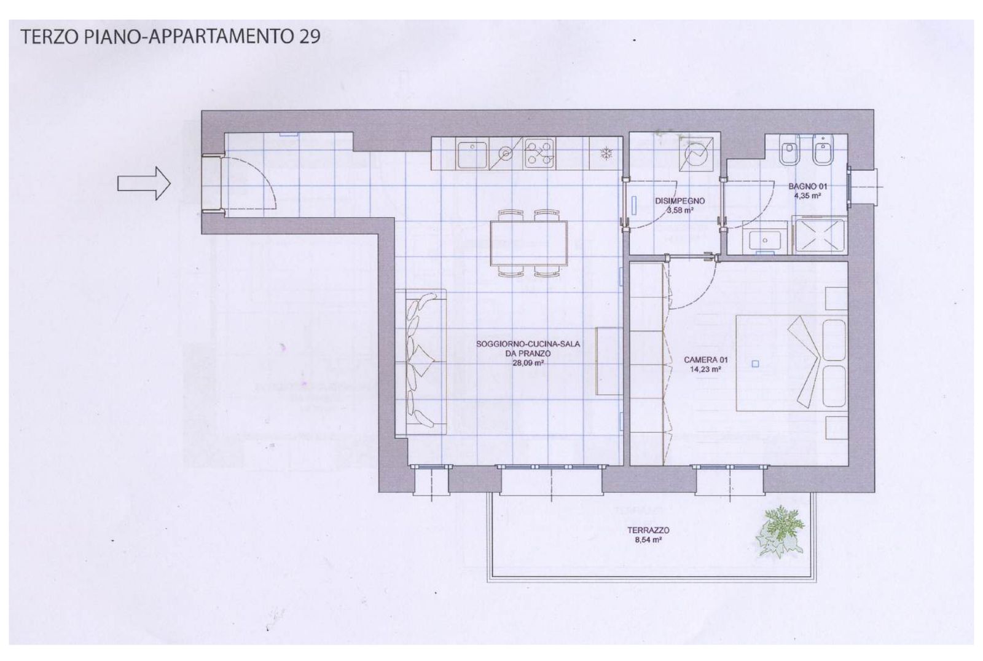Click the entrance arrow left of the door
pos(144,183)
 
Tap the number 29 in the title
pos(310,36)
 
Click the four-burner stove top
pos(539,154)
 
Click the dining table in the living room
pos(529,243)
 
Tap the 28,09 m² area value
pos(528,363)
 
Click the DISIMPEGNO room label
pos(679,201)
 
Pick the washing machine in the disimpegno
pos(696,155)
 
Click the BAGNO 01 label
pos(807,187)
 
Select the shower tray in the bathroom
pos(820,236)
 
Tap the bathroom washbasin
pos(765,240)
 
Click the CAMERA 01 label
pos(706,360)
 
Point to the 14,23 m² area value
pos(706,370)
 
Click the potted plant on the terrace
pos(780,531)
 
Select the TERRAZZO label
pos(648,531)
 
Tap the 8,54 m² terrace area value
pos(648,540)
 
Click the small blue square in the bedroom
pos(755,363)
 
